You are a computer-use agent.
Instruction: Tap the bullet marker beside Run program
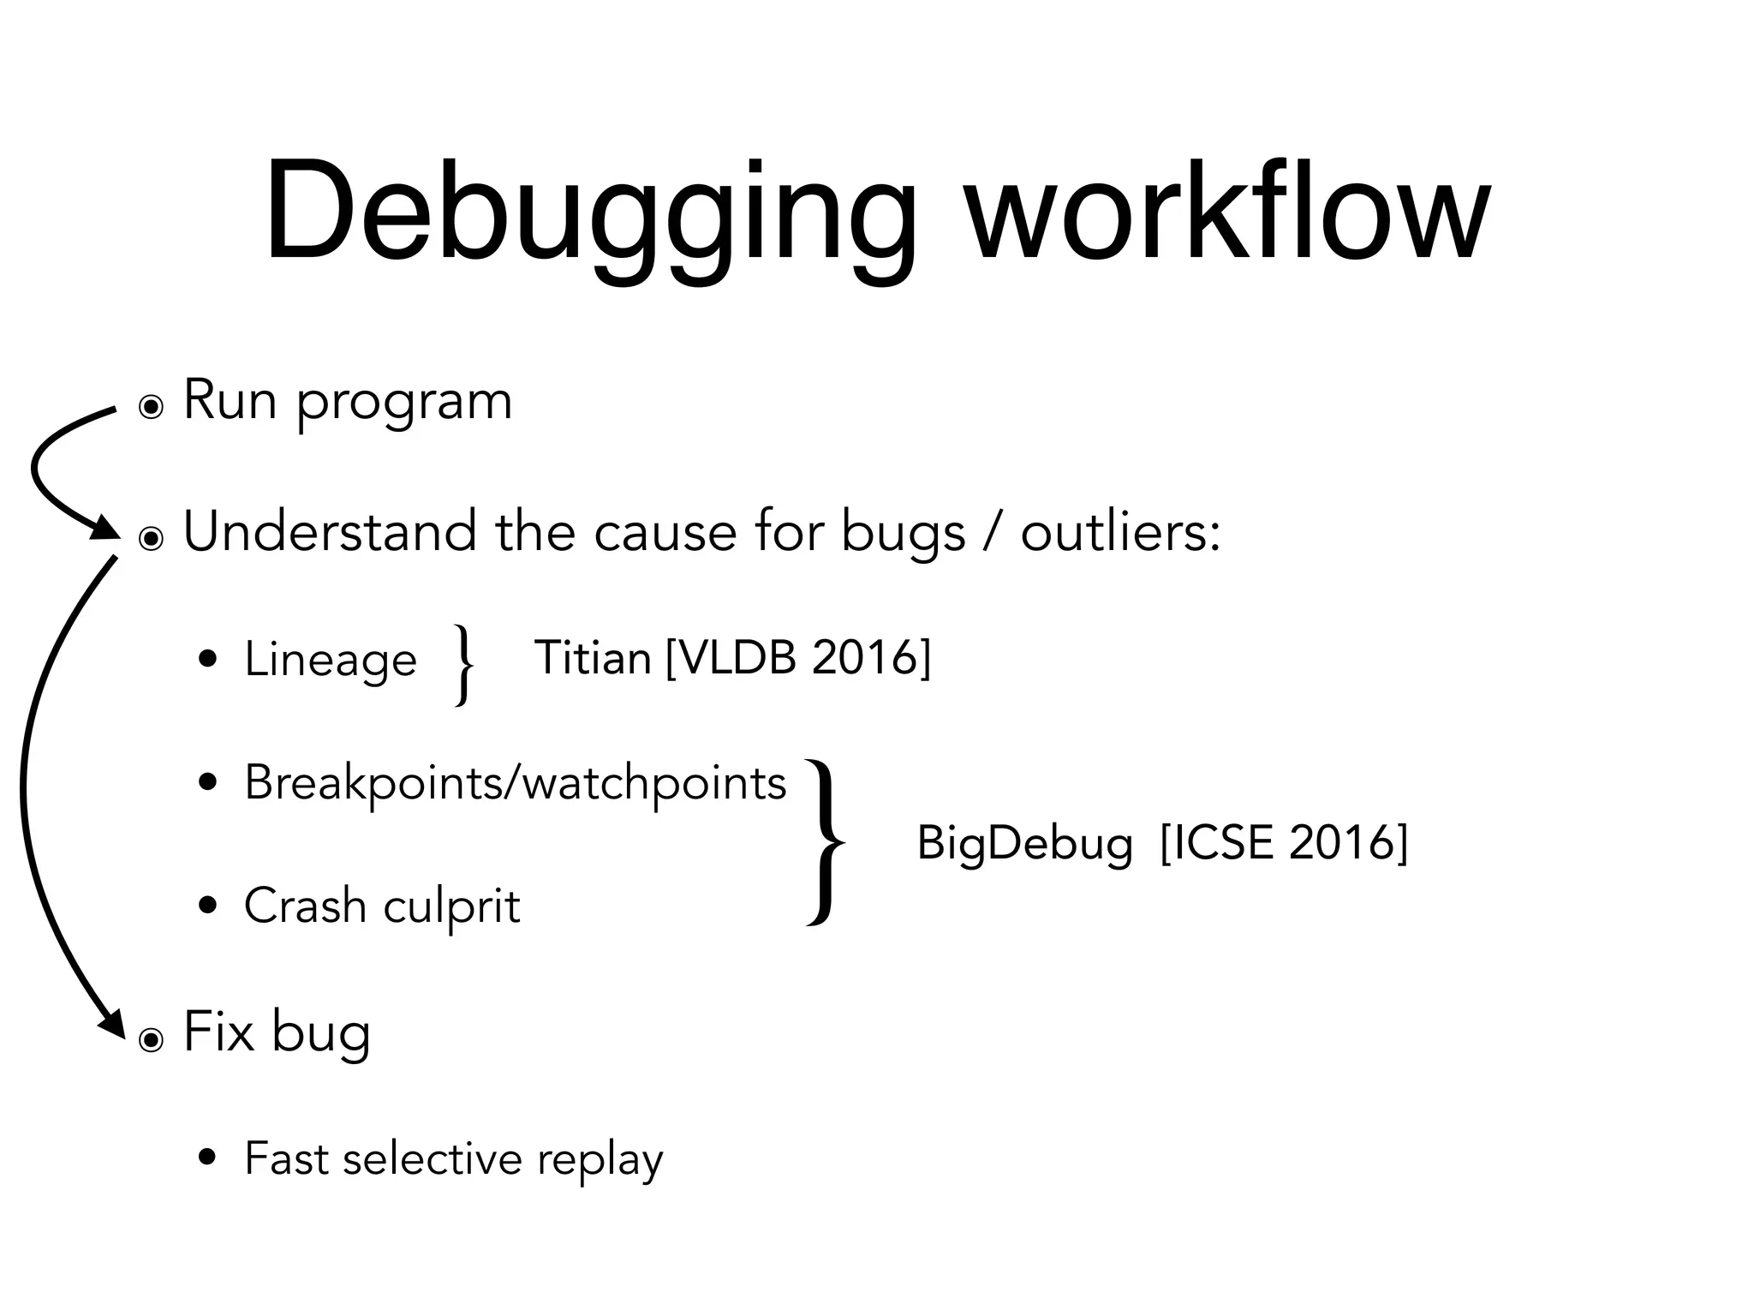coord(151,408)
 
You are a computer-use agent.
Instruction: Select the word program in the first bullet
coord(404,403)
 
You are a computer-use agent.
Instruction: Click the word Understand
coord(331,532)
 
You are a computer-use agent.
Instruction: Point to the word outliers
coord(1120,532)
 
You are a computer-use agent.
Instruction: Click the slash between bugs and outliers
coord(993,532)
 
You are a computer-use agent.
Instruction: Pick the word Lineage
coord(331,660)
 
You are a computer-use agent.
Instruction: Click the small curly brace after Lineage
coord(463,665)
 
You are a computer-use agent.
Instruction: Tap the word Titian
coord(593,658)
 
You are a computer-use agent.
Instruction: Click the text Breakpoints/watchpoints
coord(515,783)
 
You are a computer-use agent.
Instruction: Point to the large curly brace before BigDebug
coord(826,843)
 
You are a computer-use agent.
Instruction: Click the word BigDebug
coord(1024,843)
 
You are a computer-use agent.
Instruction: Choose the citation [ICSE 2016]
coord(1284,843)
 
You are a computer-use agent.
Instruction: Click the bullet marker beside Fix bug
coord(151,1040)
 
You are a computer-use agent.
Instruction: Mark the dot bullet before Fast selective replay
coord(206,1159)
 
